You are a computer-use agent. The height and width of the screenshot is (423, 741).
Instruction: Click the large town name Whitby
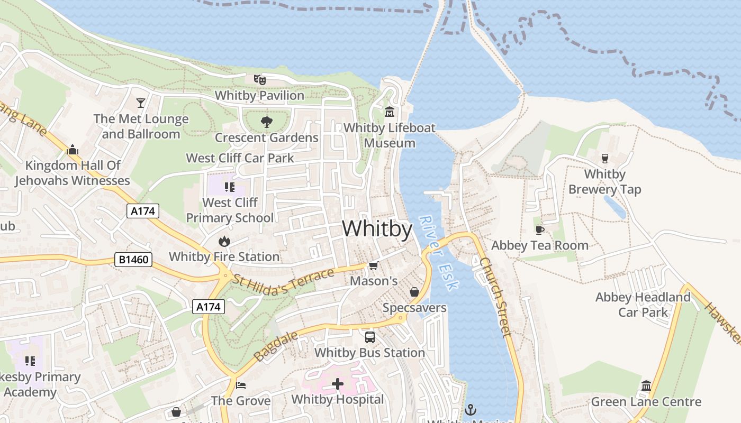[x=377, y=229]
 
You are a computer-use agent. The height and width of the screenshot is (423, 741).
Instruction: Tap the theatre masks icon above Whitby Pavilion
[x=259, y=80]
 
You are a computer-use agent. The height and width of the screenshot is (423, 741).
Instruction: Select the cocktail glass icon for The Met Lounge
[x=141, y=103]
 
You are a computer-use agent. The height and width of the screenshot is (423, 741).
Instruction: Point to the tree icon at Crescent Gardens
[x=267, y=122]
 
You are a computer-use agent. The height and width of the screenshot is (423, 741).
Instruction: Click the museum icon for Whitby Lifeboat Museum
[x=390, y=112]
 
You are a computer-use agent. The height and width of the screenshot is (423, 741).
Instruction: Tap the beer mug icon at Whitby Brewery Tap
[x=604, y=158]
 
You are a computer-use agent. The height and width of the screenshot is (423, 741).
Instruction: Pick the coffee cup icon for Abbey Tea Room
[x=539, y=229]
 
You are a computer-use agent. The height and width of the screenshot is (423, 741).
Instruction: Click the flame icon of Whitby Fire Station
[x=224, y=241]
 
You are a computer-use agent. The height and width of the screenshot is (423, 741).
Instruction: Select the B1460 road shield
[x=133, y=260]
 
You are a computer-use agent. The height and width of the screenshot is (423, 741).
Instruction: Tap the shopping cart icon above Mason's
[x=373, y=265]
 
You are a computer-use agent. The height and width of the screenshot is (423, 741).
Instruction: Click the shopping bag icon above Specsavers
[x=414, y=292]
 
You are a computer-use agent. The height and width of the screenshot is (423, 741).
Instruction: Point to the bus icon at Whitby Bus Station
[x=369, y=337]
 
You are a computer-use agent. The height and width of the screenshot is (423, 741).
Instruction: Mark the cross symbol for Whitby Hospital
[x=338, y=384]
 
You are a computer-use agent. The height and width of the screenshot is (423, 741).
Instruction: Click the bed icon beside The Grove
[x=241, y=385]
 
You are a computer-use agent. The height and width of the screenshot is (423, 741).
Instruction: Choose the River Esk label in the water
[x=439, y=252]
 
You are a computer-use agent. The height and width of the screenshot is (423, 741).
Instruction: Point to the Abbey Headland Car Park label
[x=643, y=305]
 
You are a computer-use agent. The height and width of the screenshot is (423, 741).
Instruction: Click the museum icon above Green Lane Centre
[x=646, y=385]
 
